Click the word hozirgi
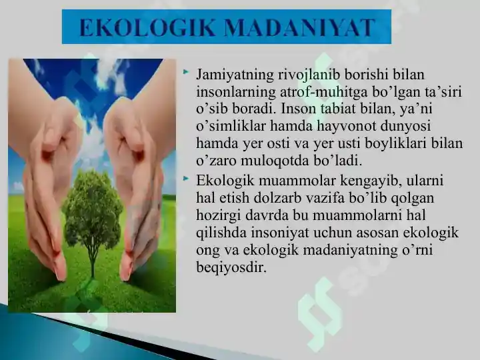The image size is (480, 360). [x=220, y=216]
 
